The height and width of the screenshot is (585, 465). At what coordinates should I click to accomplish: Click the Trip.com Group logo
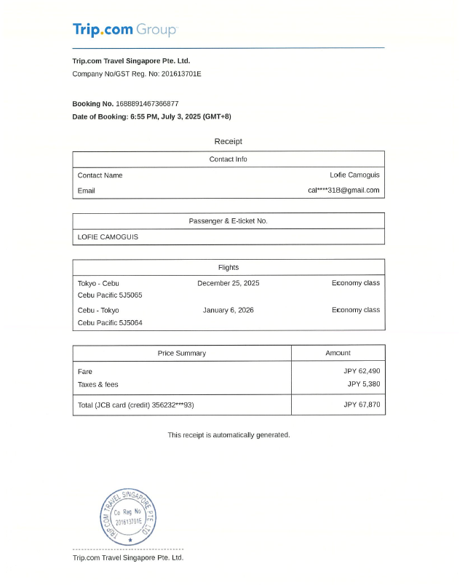coord(124,30)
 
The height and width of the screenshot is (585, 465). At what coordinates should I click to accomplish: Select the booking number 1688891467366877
coord(147,103)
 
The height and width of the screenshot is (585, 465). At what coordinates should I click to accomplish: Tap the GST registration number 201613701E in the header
coord(181,74)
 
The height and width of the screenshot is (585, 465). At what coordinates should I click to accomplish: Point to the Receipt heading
coord(228,141)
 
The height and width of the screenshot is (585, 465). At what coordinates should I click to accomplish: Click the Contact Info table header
coord(228,159)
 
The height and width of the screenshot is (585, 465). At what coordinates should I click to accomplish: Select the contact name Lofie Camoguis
coord(354,175)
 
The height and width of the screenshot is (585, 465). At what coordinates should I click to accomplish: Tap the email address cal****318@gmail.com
coord(343,191)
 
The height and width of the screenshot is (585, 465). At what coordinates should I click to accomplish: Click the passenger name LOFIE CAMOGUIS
coord(108,236)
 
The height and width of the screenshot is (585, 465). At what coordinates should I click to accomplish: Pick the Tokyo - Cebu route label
coord(98,283)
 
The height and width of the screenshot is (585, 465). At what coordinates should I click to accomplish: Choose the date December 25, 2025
coord(228,283)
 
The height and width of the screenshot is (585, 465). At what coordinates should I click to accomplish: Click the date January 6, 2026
coord(228,310)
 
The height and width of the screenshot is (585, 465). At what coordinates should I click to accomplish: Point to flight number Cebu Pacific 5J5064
coord(110,322)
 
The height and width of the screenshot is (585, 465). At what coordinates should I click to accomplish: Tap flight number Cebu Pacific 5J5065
coord(110,295)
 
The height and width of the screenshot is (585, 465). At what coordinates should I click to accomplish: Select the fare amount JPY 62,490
coord(362,371)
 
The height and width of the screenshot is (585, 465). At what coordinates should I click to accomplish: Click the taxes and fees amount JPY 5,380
coord(363,384)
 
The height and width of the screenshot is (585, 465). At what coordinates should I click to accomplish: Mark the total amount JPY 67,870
coord(362,405)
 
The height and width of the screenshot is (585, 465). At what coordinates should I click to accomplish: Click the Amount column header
coord(338,353)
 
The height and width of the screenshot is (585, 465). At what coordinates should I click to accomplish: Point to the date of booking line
coord(151,116)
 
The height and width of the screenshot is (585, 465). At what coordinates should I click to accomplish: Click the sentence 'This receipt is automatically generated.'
coord(228,435)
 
